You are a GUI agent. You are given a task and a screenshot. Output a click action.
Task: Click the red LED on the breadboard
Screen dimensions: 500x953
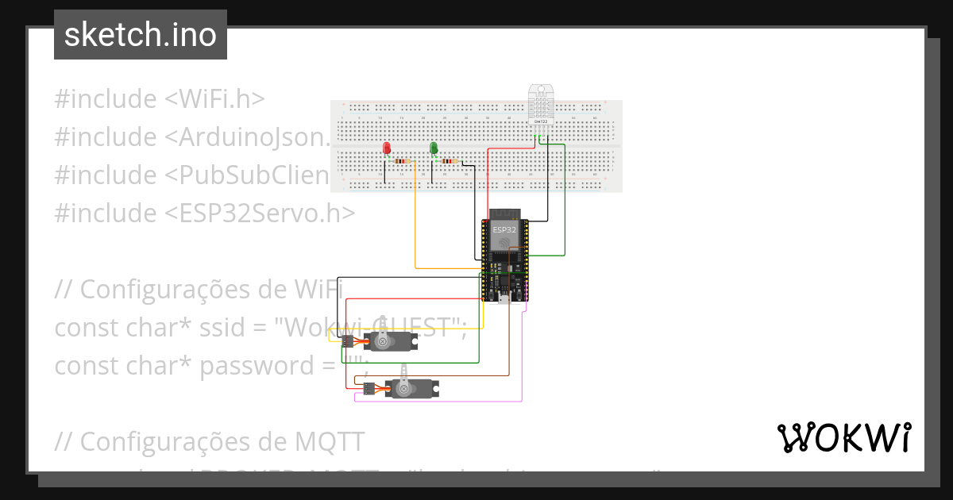(387, 148)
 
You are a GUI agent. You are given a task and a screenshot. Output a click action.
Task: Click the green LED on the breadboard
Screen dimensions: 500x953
(434, 148)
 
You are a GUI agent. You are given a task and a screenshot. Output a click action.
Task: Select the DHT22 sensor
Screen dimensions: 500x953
(543, 105)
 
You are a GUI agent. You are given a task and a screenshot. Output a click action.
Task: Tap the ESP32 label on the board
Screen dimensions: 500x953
(504, 230)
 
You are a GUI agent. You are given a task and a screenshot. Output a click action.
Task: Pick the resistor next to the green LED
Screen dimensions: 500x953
(450, 161)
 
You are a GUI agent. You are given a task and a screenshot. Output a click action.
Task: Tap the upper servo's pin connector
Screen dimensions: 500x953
(348, 341)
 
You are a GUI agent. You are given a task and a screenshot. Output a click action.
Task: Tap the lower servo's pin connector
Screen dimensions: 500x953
(368, 389)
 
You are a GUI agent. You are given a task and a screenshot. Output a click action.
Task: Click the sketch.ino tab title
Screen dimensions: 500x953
(141, 35)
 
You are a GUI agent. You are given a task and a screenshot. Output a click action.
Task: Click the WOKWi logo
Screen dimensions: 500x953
(843, 437)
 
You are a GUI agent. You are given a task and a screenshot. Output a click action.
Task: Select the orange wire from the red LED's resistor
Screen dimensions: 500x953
(416, 230)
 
